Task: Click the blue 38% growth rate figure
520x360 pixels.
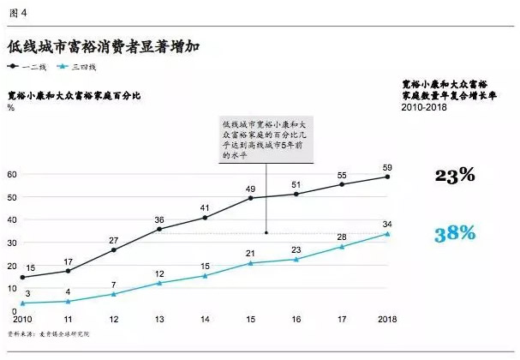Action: click(x=454, y=232)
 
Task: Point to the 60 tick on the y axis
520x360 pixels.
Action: click(x=11, y=174)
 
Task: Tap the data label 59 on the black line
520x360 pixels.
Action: click(x=387, y=166)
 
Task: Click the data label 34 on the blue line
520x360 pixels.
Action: click(x=387, y=224)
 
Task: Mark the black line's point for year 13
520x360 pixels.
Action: click(x=158, y=229)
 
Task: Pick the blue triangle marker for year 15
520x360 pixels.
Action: click(x=250, y=263)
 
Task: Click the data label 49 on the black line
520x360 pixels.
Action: click(x=250, y=189)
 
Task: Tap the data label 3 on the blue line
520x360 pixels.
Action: click(x=27, y=294)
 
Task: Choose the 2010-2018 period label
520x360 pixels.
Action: click(x=426, y=108)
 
